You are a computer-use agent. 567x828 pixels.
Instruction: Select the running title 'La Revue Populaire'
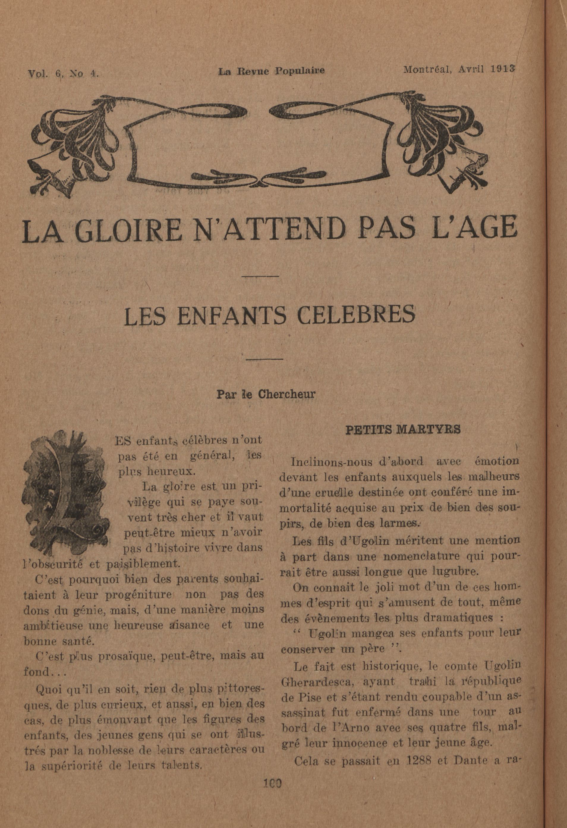pos(271,71)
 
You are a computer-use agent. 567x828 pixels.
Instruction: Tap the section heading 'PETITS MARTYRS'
pos(403,430)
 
